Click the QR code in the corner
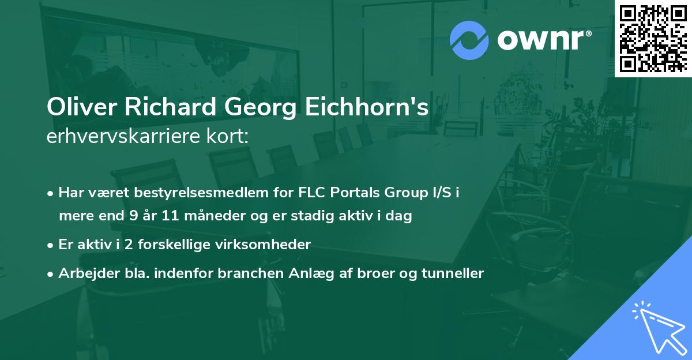click(x=653, y=39)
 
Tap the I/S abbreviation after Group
click(x=442, y=192)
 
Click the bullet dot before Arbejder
click(x=51, y=274)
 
